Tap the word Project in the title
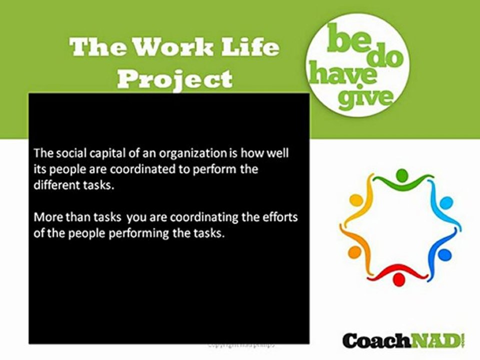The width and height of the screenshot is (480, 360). pos(178,78)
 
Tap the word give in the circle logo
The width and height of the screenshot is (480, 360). pos(365,97)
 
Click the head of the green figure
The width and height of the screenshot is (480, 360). pos(402,175)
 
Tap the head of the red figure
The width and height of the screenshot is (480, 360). pos(398,280)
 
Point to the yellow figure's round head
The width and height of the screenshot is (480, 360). pos(355,200)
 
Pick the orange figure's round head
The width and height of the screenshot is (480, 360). pos(354,251)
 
